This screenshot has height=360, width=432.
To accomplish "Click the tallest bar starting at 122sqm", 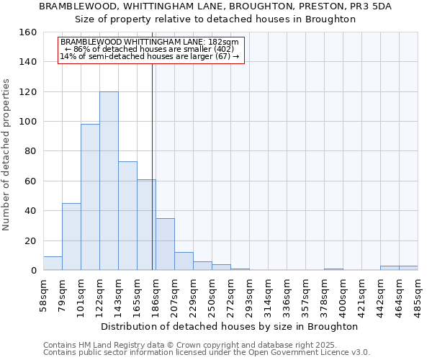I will (109, 181).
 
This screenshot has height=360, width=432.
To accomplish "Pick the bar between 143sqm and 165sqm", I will (127, 216).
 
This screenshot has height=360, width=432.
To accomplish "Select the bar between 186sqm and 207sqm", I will (165, 244).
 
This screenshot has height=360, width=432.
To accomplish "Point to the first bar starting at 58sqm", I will (53, 264).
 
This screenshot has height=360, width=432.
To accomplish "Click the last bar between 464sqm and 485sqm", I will (408, 268).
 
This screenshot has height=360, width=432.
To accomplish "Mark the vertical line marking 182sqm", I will (152, 166).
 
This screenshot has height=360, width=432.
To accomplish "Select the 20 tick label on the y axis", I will (30, 241).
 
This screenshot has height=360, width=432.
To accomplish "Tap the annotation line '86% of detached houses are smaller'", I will (150, 49).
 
